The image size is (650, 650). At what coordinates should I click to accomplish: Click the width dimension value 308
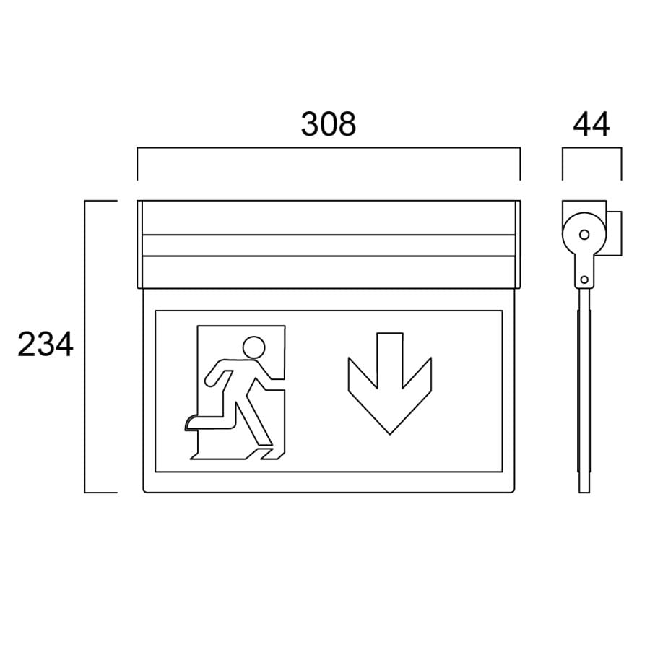coord(329,124)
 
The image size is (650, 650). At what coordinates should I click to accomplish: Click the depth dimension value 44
coord(591,124)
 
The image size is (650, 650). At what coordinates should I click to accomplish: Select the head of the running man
coord(253,347)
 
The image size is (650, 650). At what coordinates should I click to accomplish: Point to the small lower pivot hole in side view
coord(584,279)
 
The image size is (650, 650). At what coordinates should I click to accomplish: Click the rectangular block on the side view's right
coord(615,233)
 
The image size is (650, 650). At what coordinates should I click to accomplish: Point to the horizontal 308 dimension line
coord(329,149)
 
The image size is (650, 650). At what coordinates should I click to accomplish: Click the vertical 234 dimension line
coord(86,347)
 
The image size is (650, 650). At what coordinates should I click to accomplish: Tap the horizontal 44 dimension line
coord(591,149)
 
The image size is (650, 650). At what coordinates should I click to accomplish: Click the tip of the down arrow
coord(390,432)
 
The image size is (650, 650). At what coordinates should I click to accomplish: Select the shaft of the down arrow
coord(390,354)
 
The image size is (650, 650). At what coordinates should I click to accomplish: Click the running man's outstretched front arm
coord(271,377)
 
